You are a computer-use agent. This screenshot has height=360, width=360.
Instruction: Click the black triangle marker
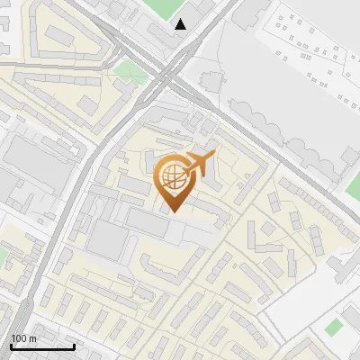coord(182,24)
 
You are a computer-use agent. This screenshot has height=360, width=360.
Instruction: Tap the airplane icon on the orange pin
coord(199,165)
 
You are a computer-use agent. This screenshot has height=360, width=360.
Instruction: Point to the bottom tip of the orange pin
coord(174,211)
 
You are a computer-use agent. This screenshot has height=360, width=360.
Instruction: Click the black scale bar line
coord(42,346)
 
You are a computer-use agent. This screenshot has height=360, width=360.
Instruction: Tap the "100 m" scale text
coord(24,338)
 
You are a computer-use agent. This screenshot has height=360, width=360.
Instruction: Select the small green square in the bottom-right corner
coord(334,327)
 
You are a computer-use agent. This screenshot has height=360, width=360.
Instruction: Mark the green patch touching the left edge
coord(3,257)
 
